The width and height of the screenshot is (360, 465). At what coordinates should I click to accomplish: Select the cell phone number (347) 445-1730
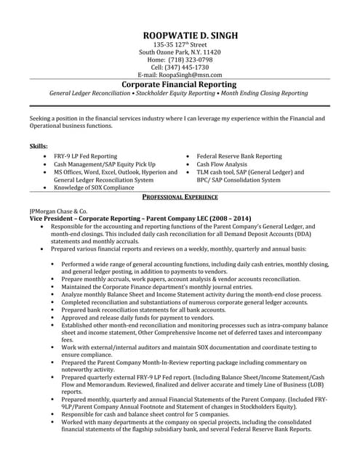188,67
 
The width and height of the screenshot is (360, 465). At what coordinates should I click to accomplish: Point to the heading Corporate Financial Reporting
180,84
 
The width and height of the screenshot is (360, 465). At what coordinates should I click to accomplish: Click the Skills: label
39,146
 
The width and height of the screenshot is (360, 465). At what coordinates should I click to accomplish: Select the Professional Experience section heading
180,197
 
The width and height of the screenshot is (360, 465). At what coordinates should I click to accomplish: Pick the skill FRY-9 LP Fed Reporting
86,156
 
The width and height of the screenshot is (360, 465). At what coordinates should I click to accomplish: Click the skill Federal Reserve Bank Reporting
239,156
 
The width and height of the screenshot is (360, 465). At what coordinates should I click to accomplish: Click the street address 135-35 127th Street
180,44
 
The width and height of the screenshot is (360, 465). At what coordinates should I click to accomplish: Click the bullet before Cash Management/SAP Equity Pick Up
47,165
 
